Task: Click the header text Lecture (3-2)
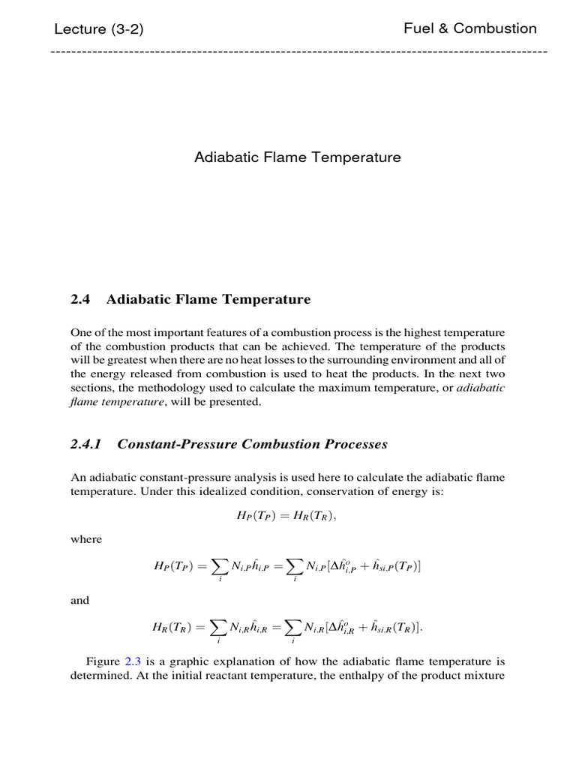(98, 29)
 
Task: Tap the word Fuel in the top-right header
(418, 28)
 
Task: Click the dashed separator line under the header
(298, 51)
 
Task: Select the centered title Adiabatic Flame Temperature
(298, 157)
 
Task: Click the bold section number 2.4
(80, 299)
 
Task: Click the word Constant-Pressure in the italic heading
(177, 444)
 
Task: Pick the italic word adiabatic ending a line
(481, 388)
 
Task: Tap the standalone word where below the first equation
(86, 539)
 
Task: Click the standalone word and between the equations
(79, 600)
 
